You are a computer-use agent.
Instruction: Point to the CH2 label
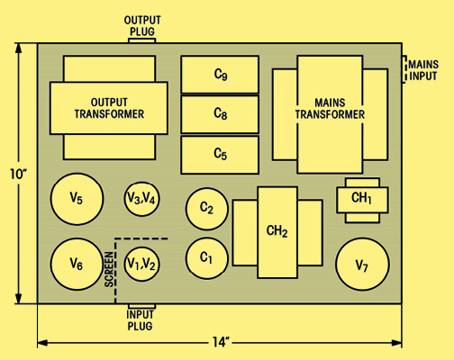[277, 231]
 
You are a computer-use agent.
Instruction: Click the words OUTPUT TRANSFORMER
[109, 108]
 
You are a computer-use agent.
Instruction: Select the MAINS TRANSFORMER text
[330, 109]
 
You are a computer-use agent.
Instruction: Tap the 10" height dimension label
[18, 174]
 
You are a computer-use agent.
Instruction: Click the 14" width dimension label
[221, 342]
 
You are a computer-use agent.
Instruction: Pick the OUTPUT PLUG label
[142, 26]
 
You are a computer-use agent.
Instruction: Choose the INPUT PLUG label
[140, 320]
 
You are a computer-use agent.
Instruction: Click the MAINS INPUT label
[423, 70]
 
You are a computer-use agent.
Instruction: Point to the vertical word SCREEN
[109, 269]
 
